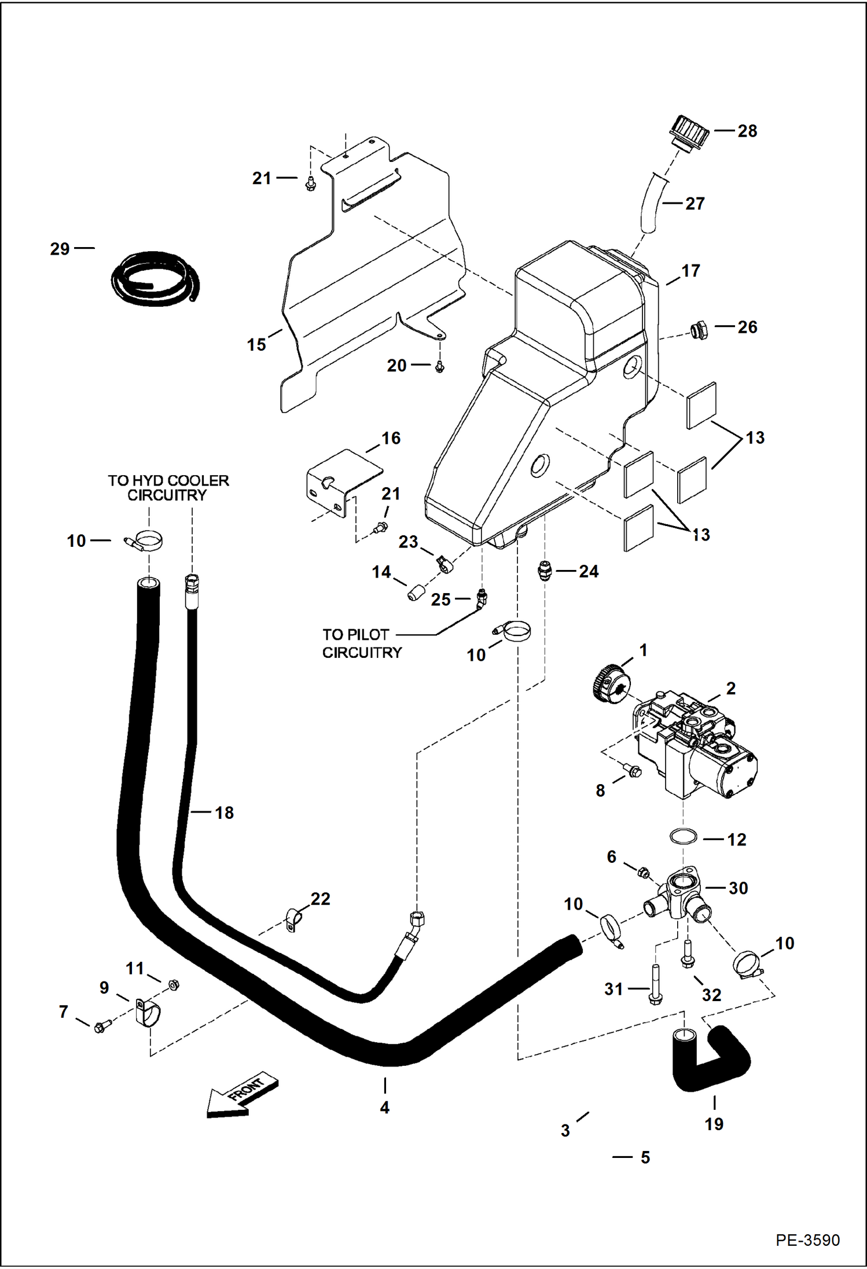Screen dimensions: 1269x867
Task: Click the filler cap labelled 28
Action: click(690, 134)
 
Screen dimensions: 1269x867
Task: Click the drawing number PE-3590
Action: click(807, 1240)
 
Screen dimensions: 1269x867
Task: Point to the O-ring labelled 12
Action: click(683, 836)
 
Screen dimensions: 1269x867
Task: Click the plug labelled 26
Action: click(699, 330)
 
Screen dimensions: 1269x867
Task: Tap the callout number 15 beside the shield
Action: click(256, 344)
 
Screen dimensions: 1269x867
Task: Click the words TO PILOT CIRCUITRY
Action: click(362, 643)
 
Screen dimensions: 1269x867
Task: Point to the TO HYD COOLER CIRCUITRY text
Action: click(168, 488)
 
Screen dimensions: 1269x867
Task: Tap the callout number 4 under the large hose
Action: click(384, 1107)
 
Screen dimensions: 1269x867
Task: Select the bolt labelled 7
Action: click(101, 1027)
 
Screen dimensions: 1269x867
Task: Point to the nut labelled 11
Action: click(172, 984)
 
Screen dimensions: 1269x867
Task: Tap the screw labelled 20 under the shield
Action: click(440, 366)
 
